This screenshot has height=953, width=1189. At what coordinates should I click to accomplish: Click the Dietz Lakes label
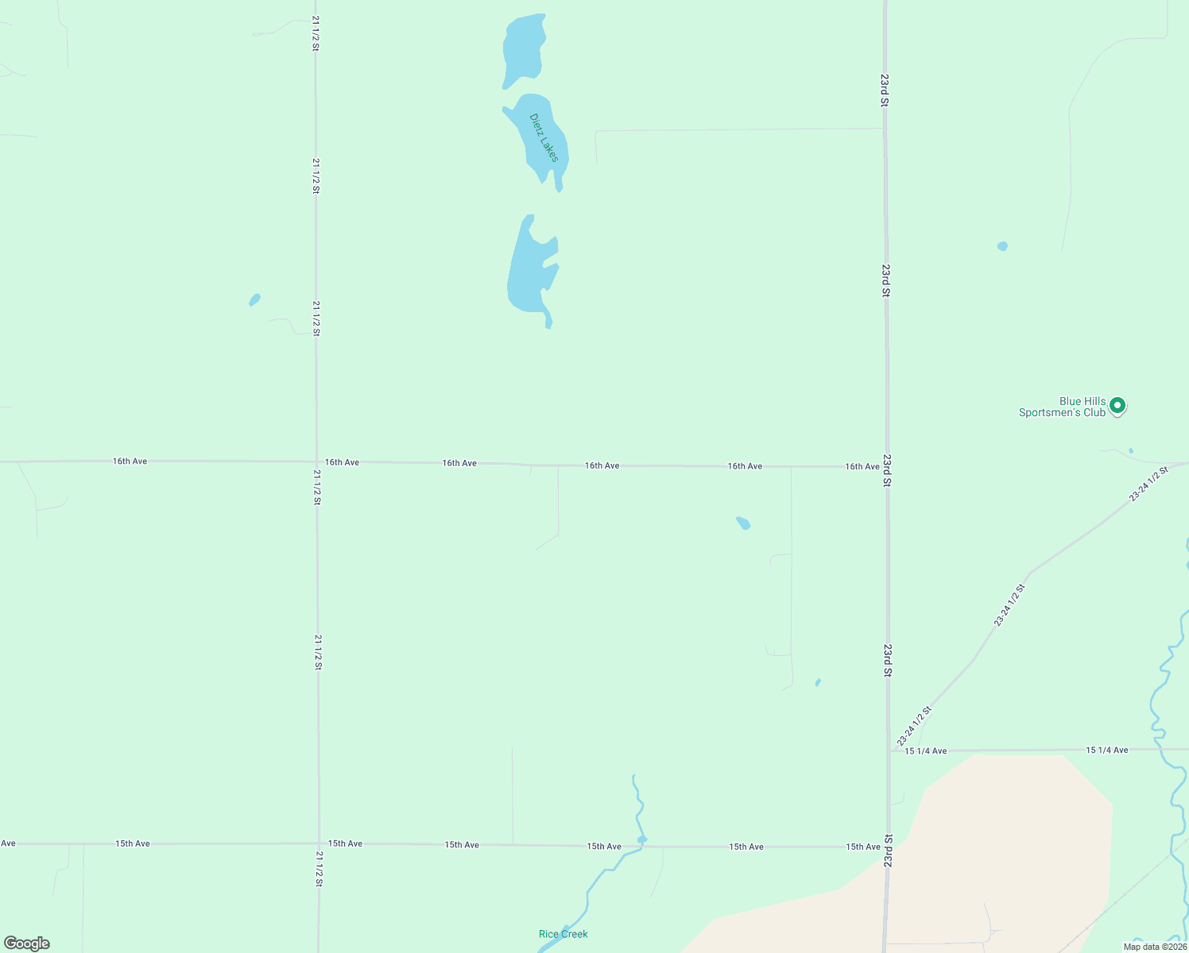click(544, 137)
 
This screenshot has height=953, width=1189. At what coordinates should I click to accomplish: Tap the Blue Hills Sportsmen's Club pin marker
click(1117, 406)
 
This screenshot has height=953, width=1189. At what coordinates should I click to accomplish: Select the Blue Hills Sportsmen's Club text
click(1063, 407)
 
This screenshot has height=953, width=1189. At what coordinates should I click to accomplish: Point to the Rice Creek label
click(563, 934)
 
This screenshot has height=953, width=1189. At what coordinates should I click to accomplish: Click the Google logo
click(27, 943)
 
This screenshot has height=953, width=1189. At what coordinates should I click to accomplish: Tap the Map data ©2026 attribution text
click(1155, 947)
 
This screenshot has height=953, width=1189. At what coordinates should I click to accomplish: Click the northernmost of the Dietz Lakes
click(523, 49)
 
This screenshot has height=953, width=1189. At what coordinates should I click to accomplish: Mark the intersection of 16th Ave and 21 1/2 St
click(316, 461)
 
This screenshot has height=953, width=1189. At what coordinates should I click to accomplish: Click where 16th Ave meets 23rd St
click(886, 467)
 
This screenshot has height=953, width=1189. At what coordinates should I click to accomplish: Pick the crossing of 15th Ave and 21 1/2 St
click(318, 843)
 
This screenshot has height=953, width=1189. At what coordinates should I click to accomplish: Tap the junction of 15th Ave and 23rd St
click(888, 847)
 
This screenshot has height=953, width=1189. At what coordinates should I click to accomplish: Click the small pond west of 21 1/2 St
click(254, 299)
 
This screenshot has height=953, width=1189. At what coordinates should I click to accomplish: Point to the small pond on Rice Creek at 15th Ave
click(642, 839)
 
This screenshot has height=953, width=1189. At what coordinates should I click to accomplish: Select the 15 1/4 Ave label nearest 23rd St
click(926, 750)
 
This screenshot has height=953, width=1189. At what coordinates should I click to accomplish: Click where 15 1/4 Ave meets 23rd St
click(889, 750)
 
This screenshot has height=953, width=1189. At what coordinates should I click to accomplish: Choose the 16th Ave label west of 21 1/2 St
click(130, 461)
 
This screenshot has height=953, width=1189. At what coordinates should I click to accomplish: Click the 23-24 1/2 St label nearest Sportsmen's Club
click(1148, 484)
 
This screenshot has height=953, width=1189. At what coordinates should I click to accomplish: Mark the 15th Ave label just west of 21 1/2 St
click(133, 843)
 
